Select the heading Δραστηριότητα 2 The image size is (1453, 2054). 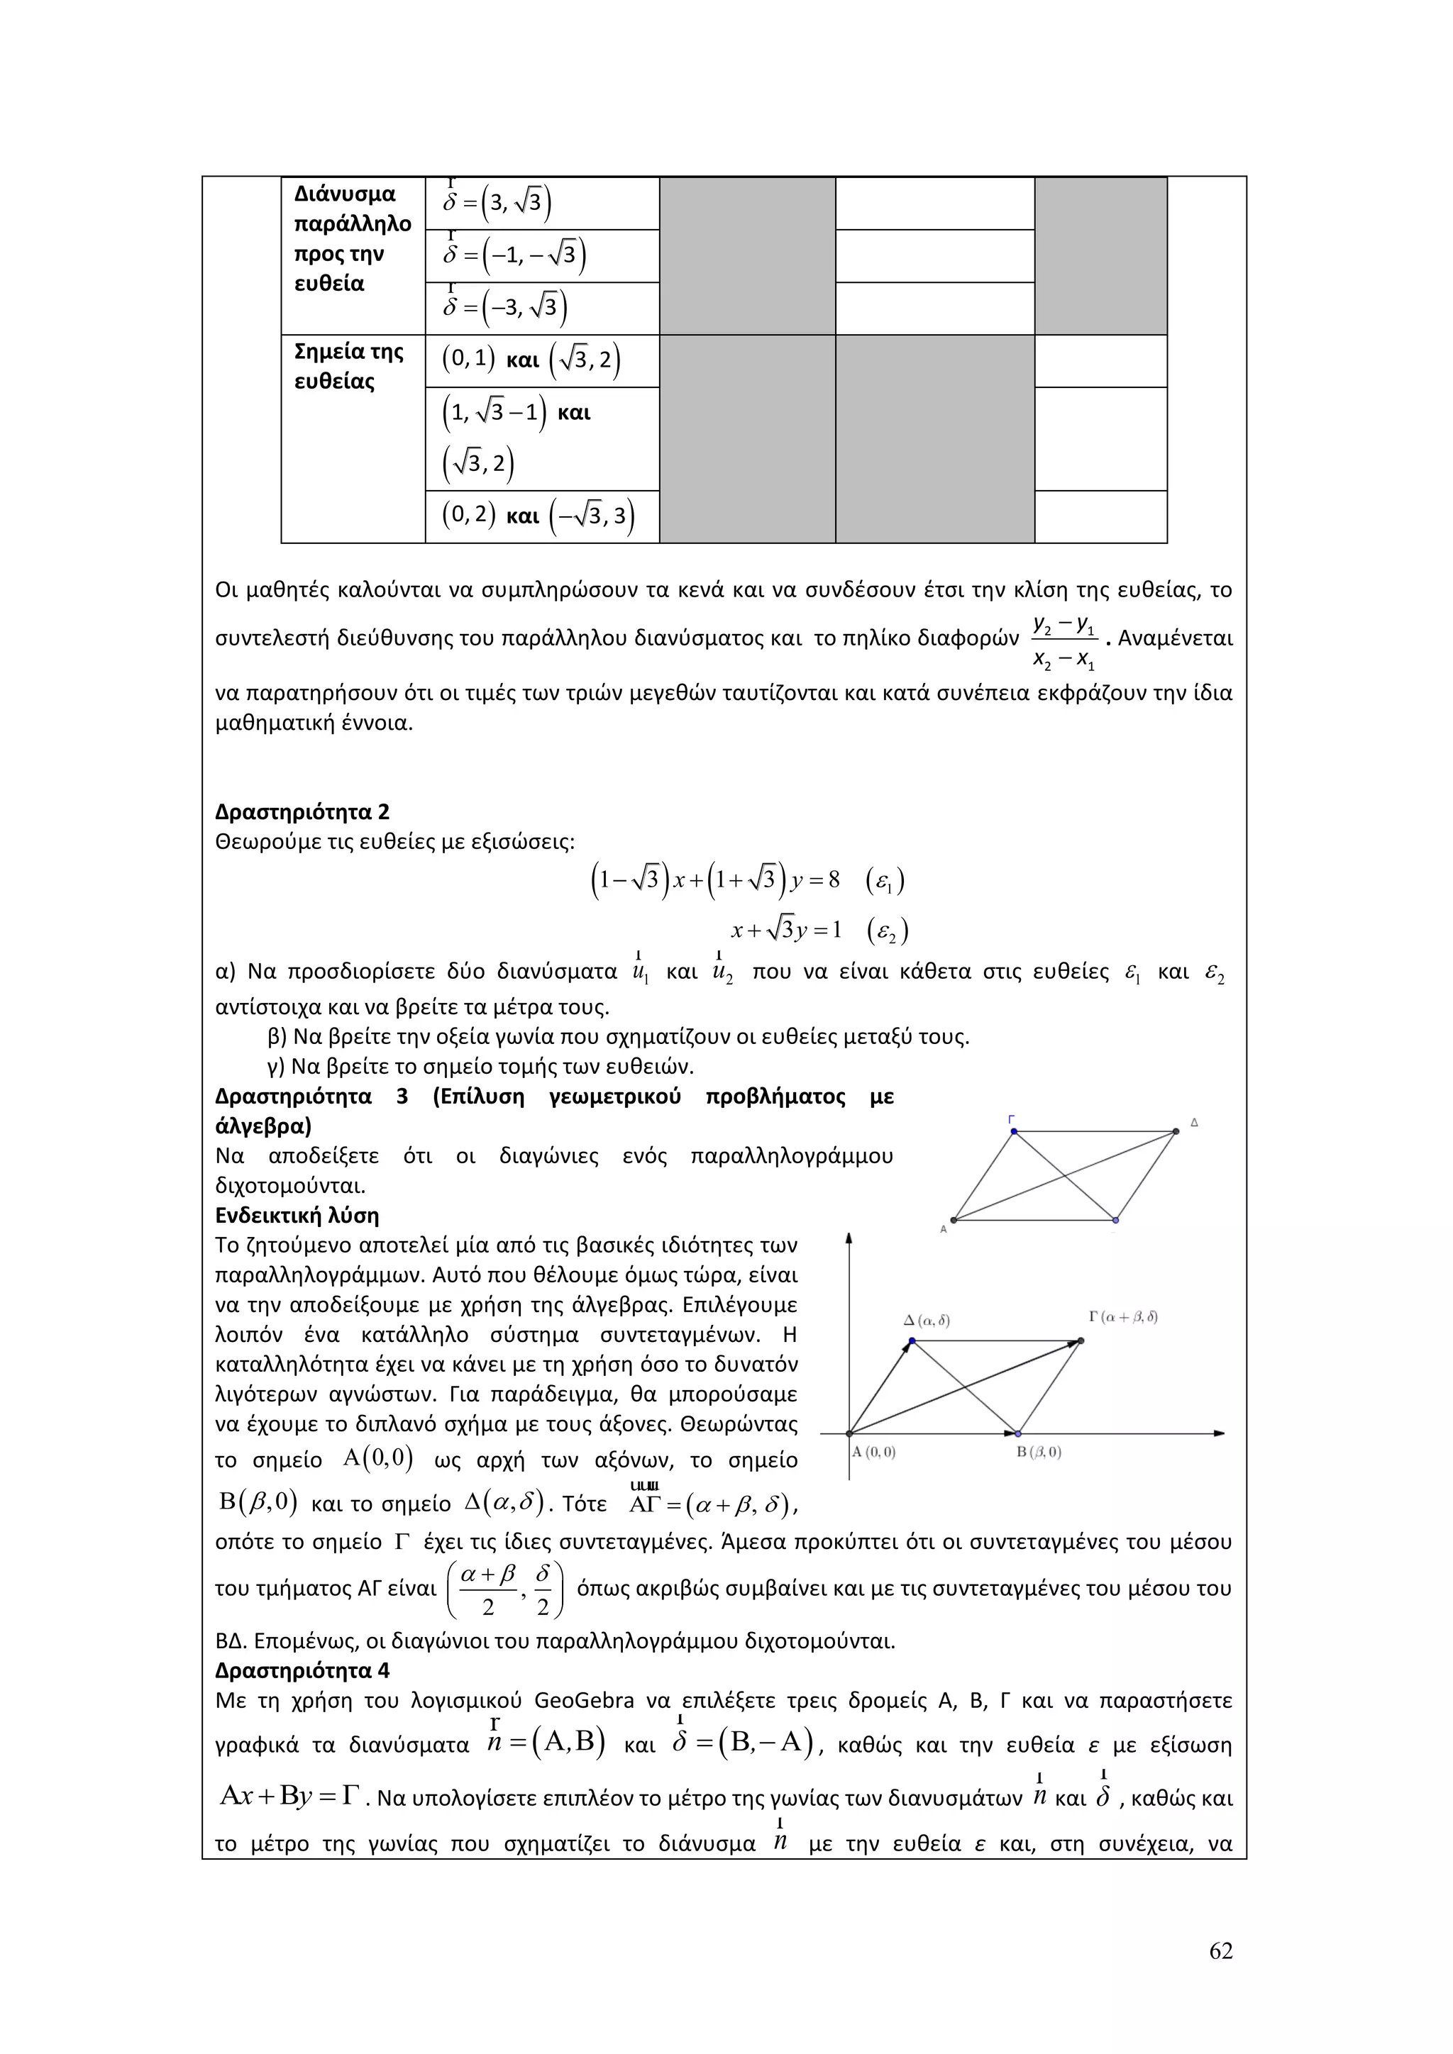click(302, 812)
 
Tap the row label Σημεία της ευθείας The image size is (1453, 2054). click(349, 366)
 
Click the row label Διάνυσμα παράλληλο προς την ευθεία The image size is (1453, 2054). click(353, 238)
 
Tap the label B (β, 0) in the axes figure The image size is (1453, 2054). click(1039, 1452)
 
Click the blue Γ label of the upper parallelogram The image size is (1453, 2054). click(1011, 1119)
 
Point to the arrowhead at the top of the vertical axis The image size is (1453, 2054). click(849, 1238)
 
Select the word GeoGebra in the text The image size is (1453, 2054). click(583, 1701)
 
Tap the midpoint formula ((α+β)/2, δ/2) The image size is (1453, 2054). click(510, 1589)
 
